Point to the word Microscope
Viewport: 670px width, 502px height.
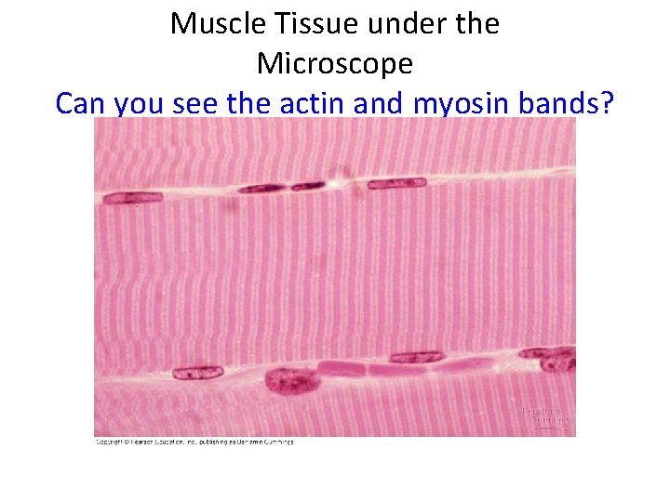click(x=334, y=63)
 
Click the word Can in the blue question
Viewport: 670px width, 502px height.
click(x=81, y=103)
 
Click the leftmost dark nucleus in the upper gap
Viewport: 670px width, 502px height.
click(x=133, y=197)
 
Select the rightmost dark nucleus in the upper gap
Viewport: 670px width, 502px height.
click(x=396, y=184)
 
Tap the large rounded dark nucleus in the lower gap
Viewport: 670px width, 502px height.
click(x=291, y=379)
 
